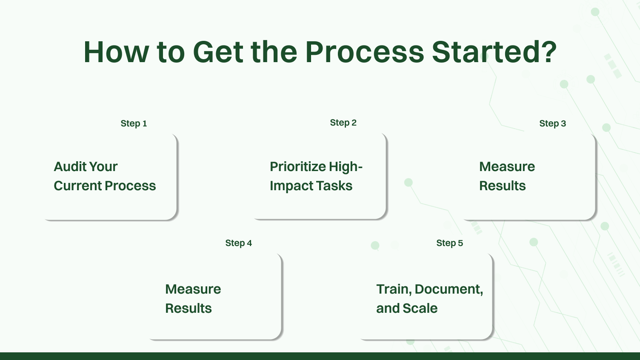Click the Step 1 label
click(x=134, y=123)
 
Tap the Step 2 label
click(x=343, y=123)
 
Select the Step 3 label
click(x=552, y=123)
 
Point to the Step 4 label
click(x=238, y=243)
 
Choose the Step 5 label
click(x=449, y=243)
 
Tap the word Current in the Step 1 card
click(x=77, y=186)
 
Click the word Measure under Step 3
click(x=507, y=166)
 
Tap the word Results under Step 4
click(x=188, y=308)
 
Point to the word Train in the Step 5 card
click(x=393, y=289)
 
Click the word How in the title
click(x=116, y=52)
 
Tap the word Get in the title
click(x=218, y=52)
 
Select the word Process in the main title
click(x=365, y=52)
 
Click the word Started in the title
click(x=486, y=52)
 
